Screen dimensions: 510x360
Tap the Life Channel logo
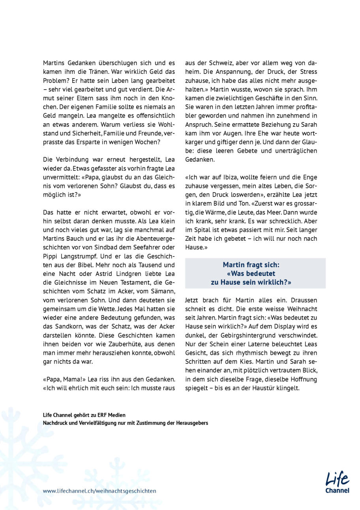click(x=337, y=482)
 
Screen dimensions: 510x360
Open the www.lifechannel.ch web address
click(x=99, y=491)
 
